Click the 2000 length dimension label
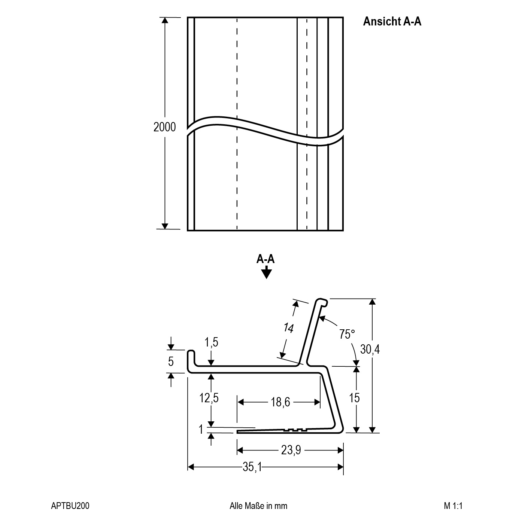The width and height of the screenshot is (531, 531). (x=164, y=127)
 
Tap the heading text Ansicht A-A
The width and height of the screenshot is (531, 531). (x=392, y=21)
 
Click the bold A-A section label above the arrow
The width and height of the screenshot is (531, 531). (x=265, y=259)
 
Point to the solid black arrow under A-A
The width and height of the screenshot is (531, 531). (x=266, y=272)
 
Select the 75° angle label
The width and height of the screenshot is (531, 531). (x=347, y=334)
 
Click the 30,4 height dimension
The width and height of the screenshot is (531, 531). (x=370, y=350)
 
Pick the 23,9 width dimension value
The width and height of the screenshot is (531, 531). (x=291, y=450)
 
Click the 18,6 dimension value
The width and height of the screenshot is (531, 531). (x=280, y=402)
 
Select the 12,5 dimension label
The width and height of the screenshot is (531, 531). (x=209, y=398)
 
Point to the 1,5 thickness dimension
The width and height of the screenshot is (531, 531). (x=211, y=342)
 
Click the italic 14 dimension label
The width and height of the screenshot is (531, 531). (x=289, y=328)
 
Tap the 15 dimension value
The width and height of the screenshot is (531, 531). (x=355, y=398)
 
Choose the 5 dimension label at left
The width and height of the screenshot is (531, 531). (x=171, y=361)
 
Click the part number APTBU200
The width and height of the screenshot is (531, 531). (x=70, y=506)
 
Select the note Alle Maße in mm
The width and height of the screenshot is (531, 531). (x=258, y=506)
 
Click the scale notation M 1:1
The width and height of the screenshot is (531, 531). (x=453, y=506)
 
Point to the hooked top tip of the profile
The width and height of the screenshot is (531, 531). (x=322, y=302)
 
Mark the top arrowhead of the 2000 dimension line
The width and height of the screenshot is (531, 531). (x=165, y=20)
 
